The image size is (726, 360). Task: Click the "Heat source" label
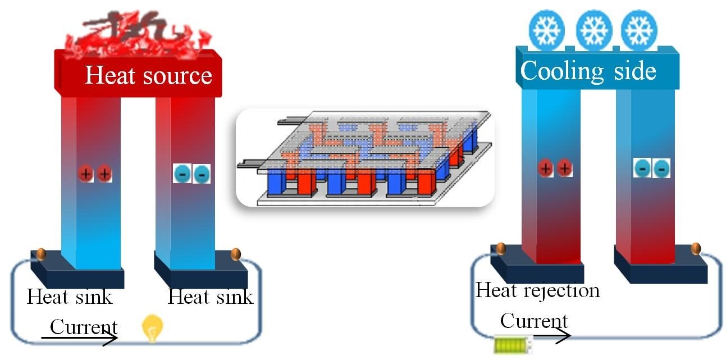(x=148, y=75)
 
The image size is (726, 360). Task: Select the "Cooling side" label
(x=588, y=71)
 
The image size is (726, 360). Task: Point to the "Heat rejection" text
(x=537, y=290)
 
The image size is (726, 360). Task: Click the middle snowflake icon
(x=593, y=30)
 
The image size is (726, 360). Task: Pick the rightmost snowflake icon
(x=638, y=30)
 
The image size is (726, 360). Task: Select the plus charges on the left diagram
(x=95, y=174)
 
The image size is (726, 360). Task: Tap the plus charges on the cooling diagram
(x=555, y=168)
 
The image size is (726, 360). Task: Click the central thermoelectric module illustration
(x=365, y=158)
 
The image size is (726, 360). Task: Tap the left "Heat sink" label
(x=70, y=296)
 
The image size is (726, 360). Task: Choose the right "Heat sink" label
(x=211, y=296)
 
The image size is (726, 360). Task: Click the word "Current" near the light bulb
(x=84, y=326)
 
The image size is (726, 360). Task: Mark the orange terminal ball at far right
(x=696, y=248)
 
